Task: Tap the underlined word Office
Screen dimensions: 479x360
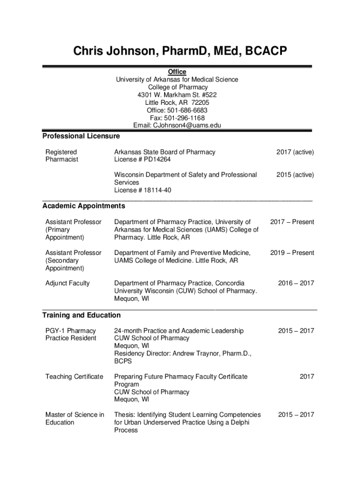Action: coord(177,72)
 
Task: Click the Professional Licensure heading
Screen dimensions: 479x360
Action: coord(81,136)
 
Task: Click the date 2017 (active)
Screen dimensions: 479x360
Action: coord(295,152)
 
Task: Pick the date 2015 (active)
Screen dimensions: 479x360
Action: coord(295,174)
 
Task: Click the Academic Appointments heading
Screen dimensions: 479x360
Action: coord(84,206)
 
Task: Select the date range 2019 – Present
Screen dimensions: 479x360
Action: coord(292,253)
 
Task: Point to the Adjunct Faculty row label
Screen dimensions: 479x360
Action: coord(67,283)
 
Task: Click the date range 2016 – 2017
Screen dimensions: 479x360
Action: coord(296,283)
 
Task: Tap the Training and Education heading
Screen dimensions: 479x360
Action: coord(81,315)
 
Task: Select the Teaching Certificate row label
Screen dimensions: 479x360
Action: coord(74,377)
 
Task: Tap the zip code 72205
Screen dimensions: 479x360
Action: coord(200,102)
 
